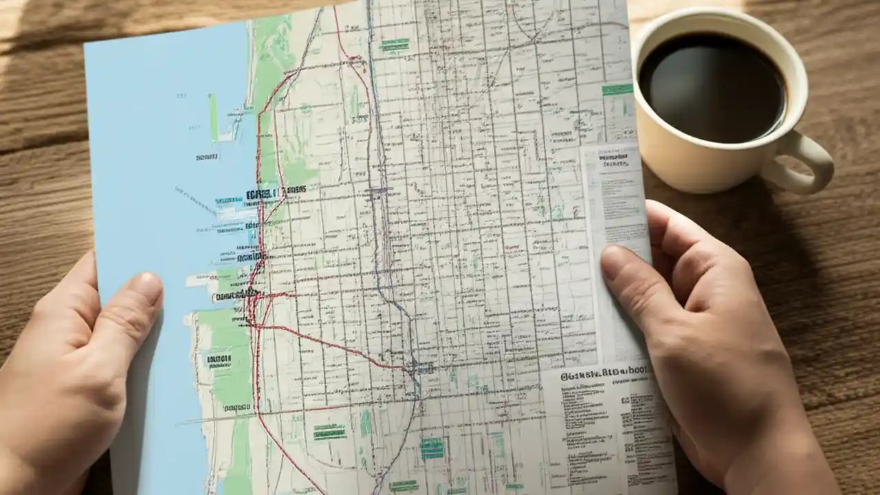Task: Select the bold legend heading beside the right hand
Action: click(605, 375)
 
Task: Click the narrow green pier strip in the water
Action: click(213, 117)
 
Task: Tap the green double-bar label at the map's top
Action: click(395, 45)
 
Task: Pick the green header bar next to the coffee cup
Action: click(617, 89)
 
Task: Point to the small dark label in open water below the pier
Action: click(206, 157)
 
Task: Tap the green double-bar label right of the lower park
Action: click(329, 431)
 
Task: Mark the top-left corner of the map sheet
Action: click(85, 43)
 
